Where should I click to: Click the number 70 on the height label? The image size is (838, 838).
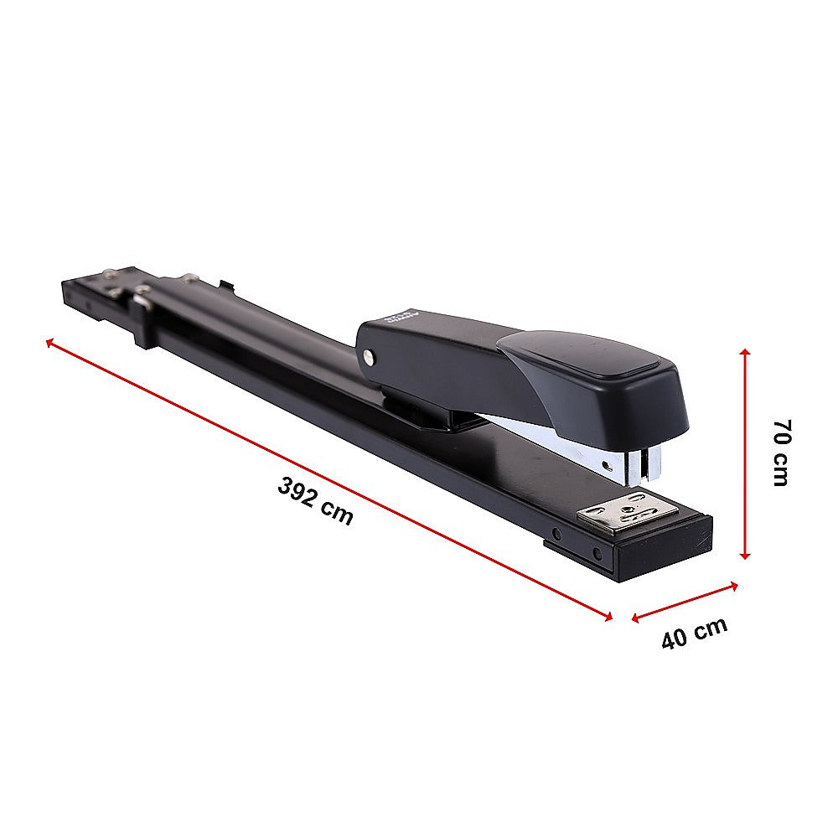(x=781, y=432)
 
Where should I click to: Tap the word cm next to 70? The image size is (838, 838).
(x=780, y=471)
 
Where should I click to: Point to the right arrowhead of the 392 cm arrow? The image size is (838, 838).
(x=608, y=617)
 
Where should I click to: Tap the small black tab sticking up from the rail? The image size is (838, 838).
(x=224, y=286)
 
